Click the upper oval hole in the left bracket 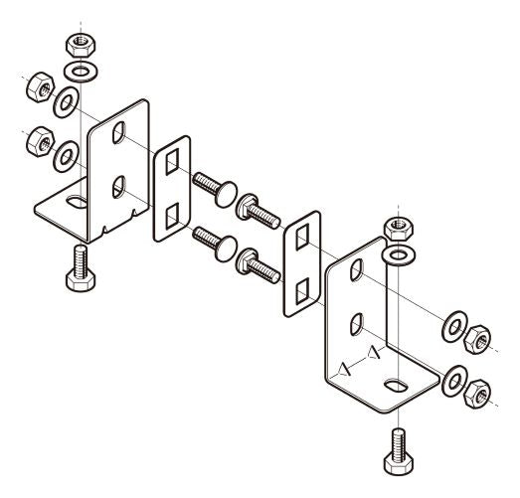point(118,132)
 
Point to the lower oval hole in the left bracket point(118,184)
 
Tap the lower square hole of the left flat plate point(171,212)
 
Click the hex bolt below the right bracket point(396,453)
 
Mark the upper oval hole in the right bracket point(356,272)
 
